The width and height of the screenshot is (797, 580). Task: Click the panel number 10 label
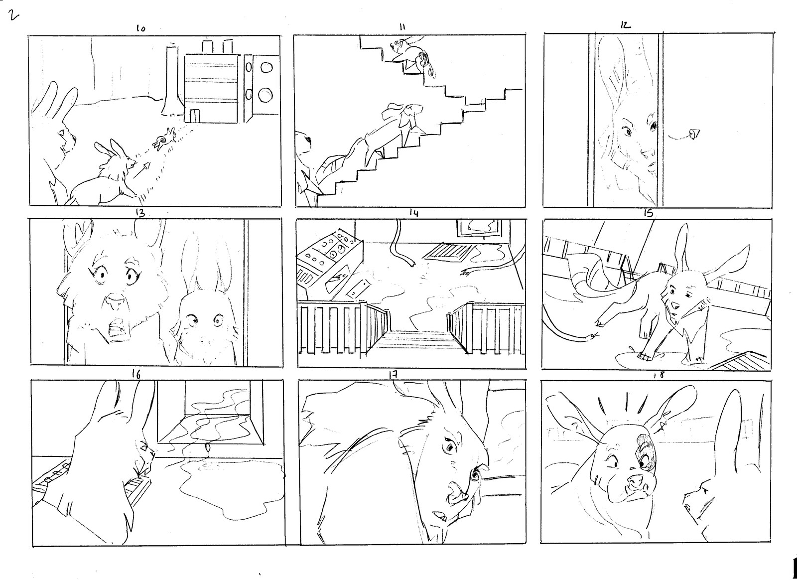click(140, 29)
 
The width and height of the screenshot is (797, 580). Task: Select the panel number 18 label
click(660, 375)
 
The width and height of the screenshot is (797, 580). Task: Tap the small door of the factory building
click(195, 116)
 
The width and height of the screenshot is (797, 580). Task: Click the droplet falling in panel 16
click(207, 446)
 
